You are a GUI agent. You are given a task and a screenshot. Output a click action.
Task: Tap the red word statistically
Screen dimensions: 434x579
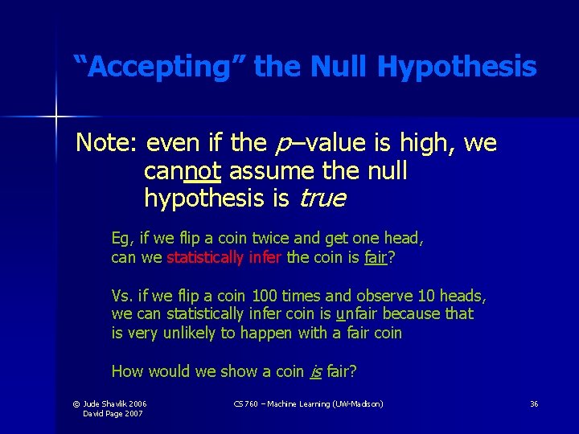click(x=205, y=258)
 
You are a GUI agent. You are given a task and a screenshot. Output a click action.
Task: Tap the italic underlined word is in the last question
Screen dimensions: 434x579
click(x=316, y=371)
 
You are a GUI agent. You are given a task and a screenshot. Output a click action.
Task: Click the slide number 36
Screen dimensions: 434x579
click(x=534, y=403)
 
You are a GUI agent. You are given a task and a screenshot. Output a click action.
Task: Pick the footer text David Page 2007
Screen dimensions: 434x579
click(x=112, y=413)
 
